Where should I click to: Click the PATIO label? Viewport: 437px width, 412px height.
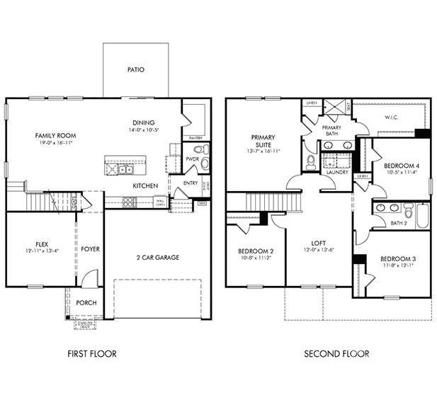(135, 70)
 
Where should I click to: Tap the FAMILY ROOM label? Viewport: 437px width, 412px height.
(56, 135)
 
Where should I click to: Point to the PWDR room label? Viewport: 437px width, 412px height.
(192, 159)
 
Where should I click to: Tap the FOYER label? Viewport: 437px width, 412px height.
(90, 249)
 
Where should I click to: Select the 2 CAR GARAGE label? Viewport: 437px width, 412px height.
(157, 257)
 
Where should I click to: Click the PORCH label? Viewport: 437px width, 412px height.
(86, 303)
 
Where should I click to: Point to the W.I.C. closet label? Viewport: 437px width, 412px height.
(391, 118)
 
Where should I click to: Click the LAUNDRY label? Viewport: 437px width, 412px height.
(336, 171)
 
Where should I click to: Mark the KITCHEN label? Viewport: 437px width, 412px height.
(145, 186)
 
